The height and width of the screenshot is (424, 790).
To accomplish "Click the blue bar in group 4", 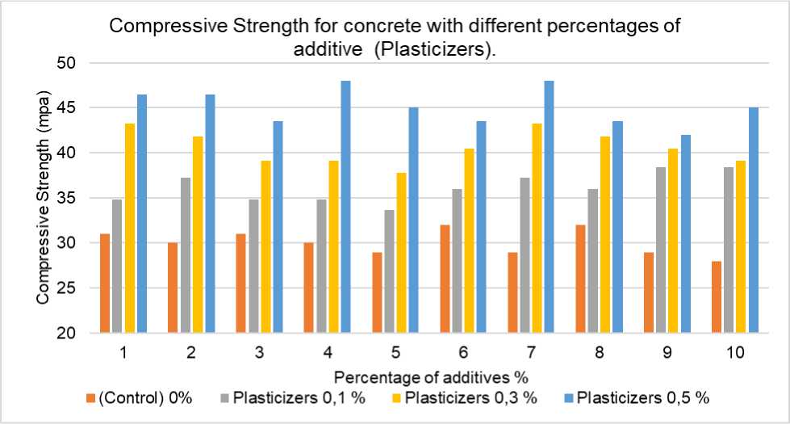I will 345,207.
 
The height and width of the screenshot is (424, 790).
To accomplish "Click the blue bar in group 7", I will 550,207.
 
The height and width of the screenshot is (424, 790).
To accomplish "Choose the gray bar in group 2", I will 185,255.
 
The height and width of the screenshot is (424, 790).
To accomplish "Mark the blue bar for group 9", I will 686,233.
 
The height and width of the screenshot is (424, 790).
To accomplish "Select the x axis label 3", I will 258,354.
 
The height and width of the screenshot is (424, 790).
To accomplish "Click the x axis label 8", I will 599,354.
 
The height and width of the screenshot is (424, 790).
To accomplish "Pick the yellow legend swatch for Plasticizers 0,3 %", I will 397,398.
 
